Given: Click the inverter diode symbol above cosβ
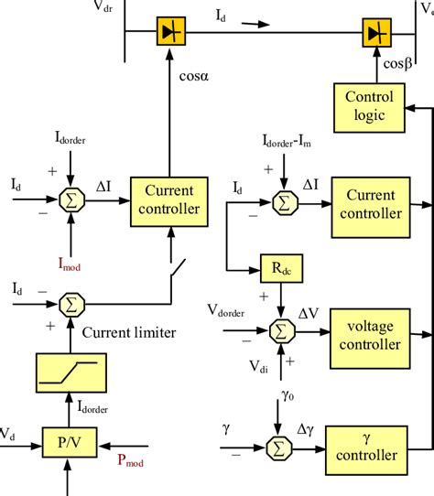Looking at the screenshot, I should coord(374,33).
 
